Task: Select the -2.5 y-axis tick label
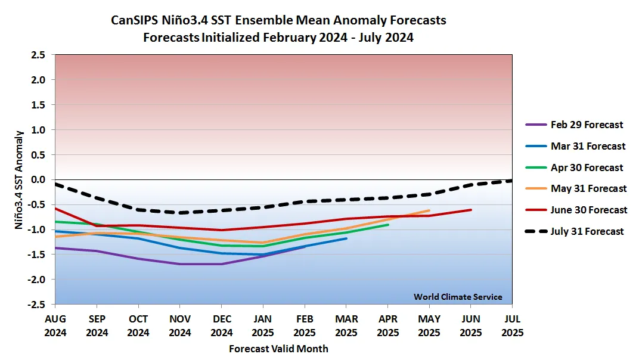tap(36, 305)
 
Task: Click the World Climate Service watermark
tap(458, 297)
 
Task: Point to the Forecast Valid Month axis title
tap(278, 349)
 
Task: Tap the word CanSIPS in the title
tap(135, 20)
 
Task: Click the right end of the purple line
tap(305, 246)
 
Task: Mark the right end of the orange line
tap(429, 210)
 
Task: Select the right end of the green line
tap(388, 225)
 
